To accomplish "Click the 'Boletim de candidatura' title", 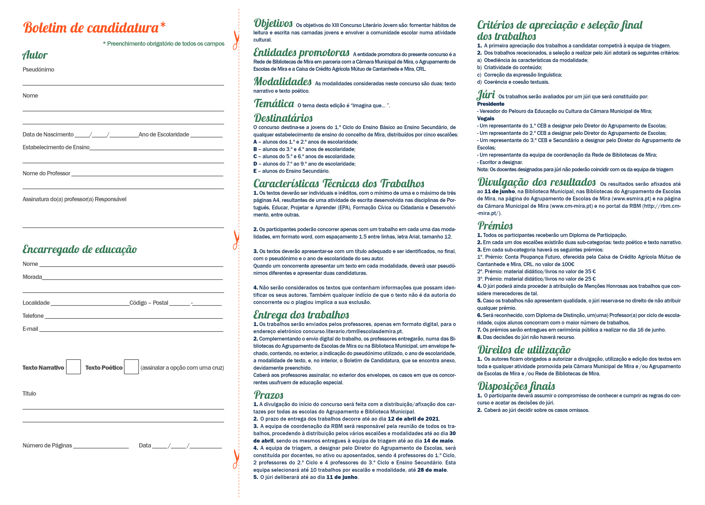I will [x=91, y=28].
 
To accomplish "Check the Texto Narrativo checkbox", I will [x=73, y=367].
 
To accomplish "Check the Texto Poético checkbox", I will [x=131, y=367].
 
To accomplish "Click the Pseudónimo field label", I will [x=38, y=69].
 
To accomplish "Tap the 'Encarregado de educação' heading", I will [x=80, y=249].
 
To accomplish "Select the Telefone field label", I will [x=33, y=316].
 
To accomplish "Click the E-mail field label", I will [x=30, y=329].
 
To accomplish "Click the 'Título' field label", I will [x=29, y=393].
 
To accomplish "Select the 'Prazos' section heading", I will [x=269, y=395].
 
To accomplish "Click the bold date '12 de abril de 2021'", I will [x=413, y=419].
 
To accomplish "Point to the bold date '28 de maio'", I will [x=432, y=470].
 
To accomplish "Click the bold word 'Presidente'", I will [x=491, y=104].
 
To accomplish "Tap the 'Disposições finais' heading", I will [x=516, y=386].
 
